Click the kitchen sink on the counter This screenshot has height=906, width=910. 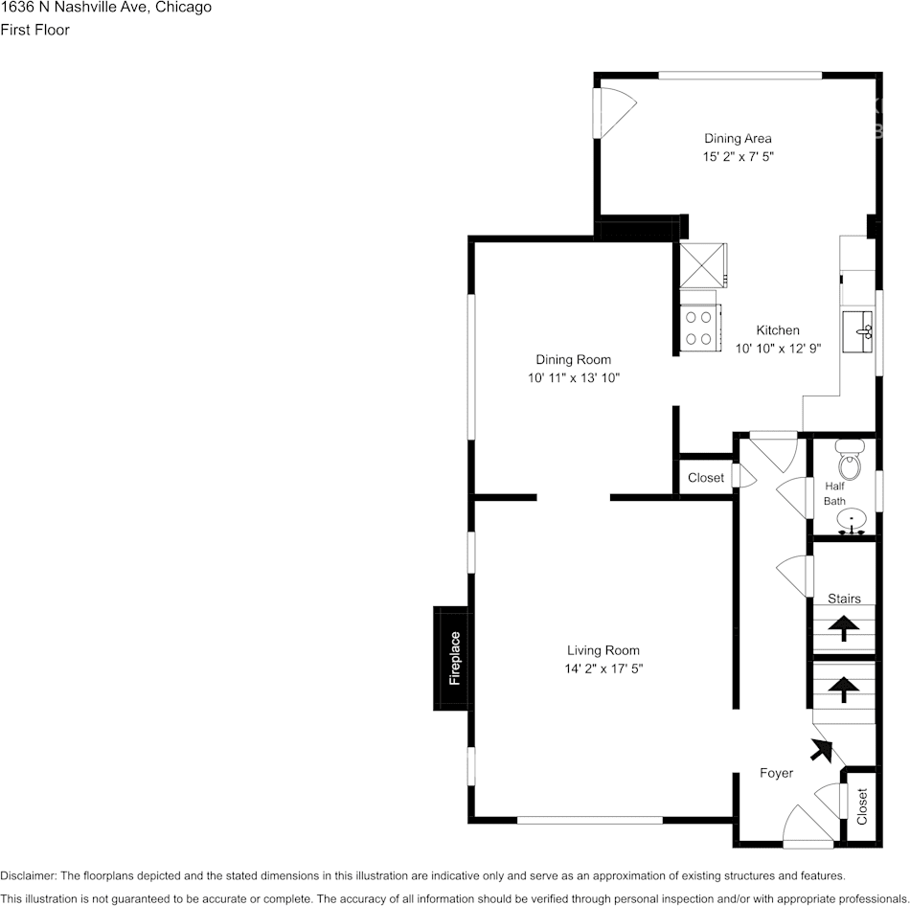(x=859, y=331)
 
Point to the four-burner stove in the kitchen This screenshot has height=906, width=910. (x=697, y=328)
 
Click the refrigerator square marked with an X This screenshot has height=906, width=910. (x=701, y=264)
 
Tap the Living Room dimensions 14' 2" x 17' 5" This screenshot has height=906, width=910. (x=603, y=668)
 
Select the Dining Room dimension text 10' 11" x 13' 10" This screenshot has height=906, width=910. (x=573, y=377)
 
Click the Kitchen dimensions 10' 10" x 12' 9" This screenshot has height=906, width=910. (x=778, y=349)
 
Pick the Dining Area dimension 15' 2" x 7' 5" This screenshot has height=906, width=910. (x=738, y=156)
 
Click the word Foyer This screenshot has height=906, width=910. (x=776, y=773)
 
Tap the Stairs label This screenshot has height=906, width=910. (x=844, y=599)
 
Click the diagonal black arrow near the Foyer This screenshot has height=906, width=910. (x=820, y=750)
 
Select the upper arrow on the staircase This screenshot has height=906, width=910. (x=843, y=627)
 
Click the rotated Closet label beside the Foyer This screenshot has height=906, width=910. (x=862, y=806)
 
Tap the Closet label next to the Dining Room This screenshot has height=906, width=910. (x=706, y=478)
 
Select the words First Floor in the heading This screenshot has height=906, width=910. (x=34, y=30)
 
